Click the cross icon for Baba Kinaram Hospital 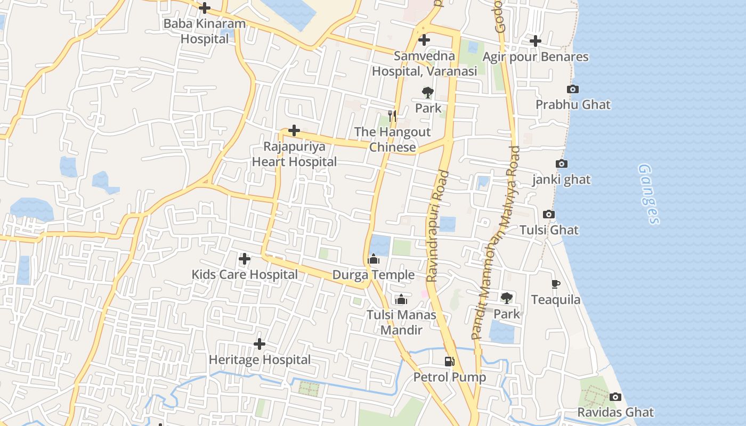(204, 9)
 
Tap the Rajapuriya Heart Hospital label (294, 154)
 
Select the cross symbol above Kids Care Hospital (245, 259)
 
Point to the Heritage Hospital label (260, 360)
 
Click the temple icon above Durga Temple (374, 259)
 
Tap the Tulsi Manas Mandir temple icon (401, 299)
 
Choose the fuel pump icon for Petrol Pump (450, 362)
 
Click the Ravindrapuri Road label (437, 226)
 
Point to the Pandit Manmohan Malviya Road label (495, 243)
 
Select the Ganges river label (649, 194)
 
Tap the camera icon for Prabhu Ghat (573, 89)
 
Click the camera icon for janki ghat (562, 164)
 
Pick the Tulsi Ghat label (549, 230)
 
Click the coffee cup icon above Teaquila (556, 284)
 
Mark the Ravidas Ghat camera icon (615, 397)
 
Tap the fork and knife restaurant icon (392, 116)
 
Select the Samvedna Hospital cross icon (424, 40)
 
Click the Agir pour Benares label (535, 57)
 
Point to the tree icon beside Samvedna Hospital (427, 93)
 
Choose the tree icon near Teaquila (506, 298)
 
